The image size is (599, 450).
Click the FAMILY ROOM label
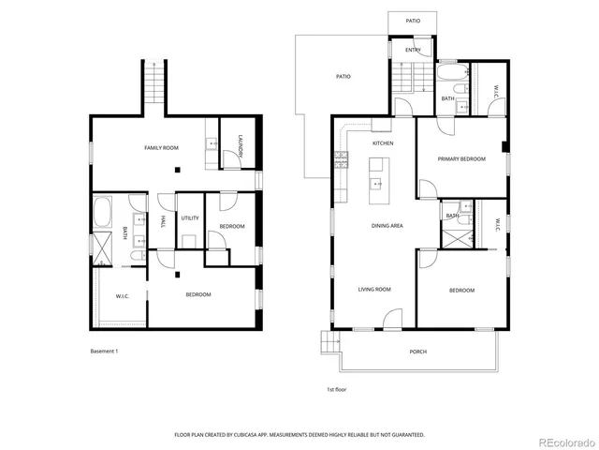pos(161,148)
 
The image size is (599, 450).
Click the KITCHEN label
pos(383,143)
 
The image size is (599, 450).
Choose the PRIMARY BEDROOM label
pos(461,159)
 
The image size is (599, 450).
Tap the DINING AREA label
pos(387,225)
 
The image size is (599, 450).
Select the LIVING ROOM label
pos(373,290)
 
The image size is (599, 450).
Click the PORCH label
pos(418,352)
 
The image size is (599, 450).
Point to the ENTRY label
pos(413,50)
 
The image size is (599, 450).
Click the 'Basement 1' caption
pos(104,351)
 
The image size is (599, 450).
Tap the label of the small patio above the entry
pos(413,21)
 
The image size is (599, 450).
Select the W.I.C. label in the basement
pos(122,297)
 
